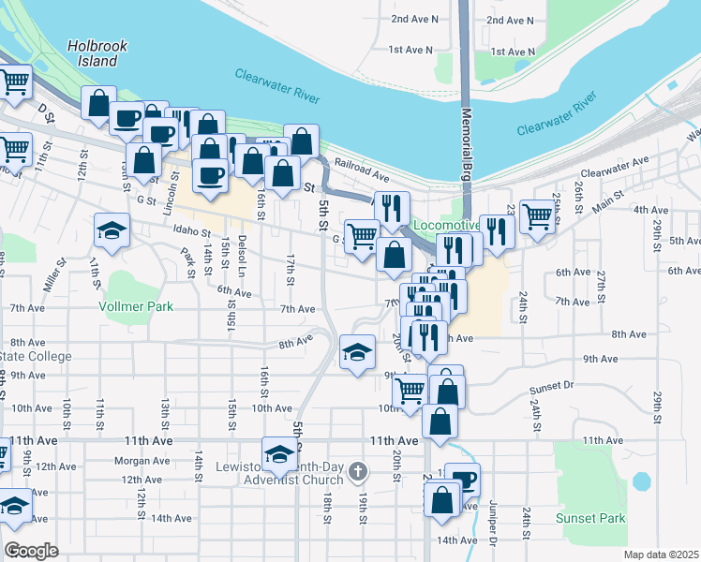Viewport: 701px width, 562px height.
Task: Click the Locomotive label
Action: click(x=446, y=227)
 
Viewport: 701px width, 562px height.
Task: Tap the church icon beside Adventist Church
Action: click(x=356, y=472)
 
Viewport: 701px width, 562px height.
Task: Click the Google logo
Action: click(x=31, y=551)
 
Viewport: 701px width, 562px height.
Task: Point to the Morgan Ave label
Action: click(x=141, y=461)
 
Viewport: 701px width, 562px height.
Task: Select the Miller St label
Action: click(x=54, y=279)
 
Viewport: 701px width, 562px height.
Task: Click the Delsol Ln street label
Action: click(x=242, y=251)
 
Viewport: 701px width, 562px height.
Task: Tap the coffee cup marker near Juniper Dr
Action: click(x=462, y=480)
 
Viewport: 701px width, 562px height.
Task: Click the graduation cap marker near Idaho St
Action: click(x=112, y=231)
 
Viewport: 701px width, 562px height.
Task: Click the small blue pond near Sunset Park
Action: click(x=641, y=481)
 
